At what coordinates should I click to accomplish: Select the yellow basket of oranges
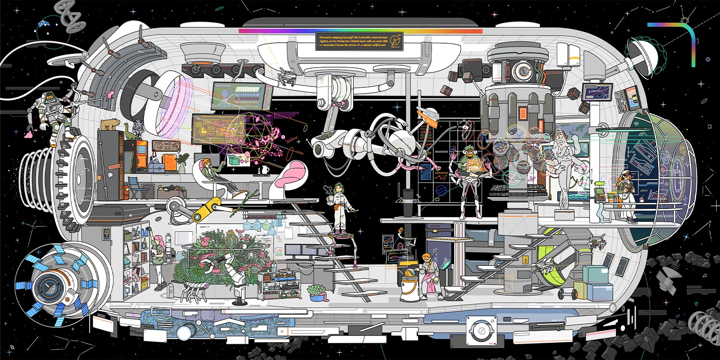click(144, 285)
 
